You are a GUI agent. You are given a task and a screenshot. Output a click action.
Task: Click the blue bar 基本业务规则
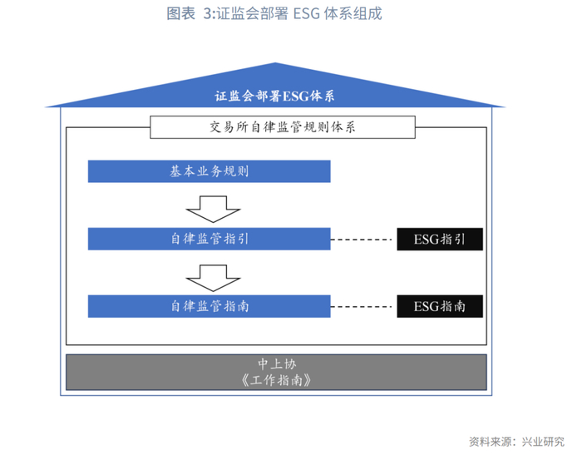click(210, 172)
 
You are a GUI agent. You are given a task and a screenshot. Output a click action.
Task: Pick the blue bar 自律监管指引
click(210, 240)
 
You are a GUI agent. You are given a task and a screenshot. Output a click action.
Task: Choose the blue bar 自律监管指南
click(210, 305)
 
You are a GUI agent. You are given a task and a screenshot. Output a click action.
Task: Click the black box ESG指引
click(440, 240)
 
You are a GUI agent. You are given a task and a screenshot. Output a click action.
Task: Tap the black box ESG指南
click(440, 306)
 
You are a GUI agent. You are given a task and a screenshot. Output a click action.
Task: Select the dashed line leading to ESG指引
click(363, 240)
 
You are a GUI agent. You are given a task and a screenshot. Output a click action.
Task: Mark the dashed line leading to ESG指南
click(363, 306)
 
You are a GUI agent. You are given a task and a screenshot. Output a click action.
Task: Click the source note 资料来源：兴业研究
click(516, 441)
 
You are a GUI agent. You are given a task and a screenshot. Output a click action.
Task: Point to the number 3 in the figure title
click(207, 14)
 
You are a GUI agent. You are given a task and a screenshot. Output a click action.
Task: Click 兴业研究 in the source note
click(545, 441)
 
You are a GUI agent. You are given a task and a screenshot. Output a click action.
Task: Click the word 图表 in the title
click(181, 14)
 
